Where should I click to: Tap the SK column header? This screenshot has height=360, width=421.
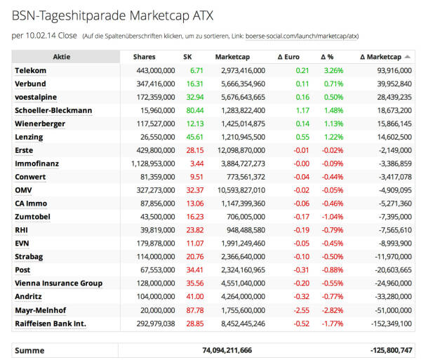(x=187, y=57)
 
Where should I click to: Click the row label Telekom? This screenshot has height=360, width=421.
(x=30, y=70)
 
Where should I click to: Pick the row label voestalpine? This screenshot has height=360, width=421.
(x=36, y=97)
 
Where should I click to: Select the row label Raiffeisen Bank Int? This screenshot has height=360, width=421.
(x=50, y=324)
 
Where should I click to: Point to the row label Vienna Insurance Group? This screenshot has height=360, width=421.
(x=58, y=284)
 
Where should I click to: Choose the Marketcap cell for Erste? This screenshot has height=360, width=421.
(x=239, y=150)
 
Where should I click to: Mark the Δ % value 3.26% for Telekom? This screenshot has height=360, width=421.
(x=333, y=70)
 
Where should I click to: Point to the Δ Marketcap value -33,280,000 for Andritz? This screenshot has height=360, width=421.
(x=389, y=297)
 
